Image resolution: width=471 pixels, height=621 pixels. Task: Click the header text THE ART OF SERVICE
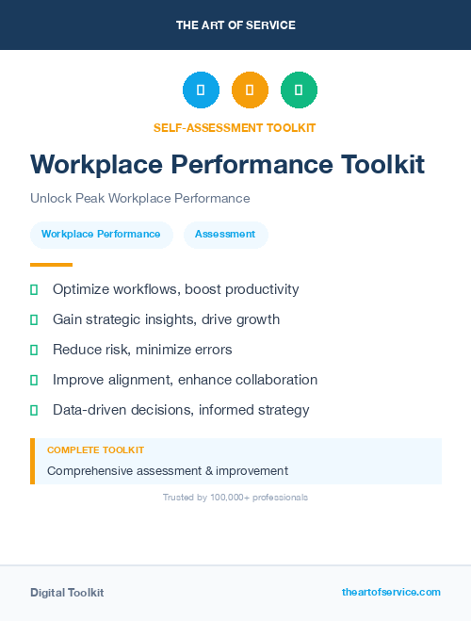[x=235, y=25]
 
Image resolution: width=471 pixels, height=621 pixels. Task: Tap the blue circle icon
[x=201, y=90]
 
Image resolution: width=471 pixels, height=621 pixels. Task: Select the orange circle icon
[x=250, y=90]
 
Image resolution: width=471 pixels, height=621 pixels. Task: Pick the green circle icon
[x=299, y=90]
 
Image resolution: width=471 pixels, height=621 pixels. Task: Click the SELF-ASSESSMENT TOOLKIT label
[x=235, y=127]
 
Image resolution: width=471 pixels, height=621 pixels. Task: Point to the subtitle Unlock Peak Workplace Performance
[x=139, y=199]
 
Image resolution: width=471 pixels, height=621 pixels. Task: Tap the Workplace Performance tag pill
[x=101, y=234]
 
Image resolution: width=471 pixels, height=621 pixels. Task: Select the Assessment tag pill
[x=225, y=234]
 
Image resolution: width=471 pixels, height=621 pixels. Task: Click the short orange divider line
[x=51, y=265]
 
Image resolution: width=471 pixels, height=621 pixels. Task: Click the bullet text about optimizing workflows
[x=175, y=289]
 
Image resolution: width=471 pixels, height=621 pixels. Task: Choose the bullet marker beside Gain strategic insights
[x=34, y=319]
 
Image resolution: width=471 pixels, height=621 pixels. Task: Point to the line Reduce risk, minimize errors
[x=142, y=350]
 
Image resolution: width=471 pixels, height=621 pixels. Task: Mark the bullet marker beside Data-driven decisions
[x=34, y=410]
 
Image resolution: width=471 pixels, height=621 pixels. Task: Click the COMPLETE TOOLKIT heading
[x=95, y=450]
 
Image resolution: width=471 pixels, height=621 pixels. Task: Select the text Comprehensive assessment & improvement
[x=168, y=470]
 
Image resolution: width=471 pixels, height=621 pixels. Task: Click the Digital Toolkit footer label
[x=67, y=593]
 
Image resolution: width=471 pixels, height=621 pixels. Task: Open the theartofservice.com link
[x=391, y=592]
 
